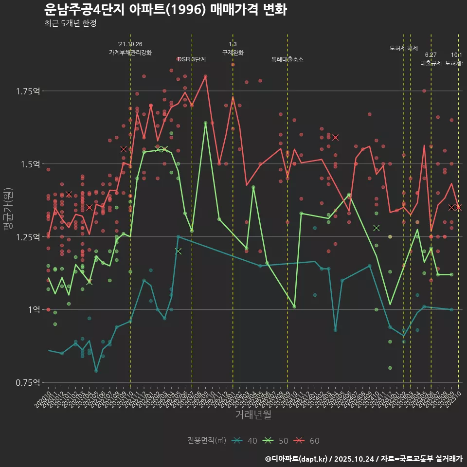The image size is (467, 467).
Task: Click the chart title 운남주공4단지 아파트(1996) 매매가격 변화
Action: pos(165,9)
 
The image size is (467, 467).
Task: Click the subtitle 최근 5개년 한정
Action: pos(70,23)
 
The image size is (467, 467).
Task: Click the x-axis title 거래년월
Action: pos(253,415)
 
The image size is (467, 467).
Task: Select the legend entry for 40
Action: pos(246,441)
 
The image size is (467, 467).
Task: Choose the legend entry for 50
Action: pos(277,441)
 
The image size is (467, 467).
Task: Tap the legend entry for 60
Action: pos(308,441)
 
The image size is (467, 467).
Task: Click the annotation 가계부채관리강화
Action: pos(130,53)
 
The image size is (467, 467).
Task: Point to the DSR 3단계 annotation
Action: pos(192,60)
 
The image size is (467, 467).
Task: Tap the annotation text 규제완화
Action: pos(233,53)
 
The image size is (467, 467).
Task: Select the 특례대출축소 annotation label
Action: pos(287,60)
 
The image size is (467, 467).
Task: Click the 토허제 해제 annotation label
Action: pos(404,48)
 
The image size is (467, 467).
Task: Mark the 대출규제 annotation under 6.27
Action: pos(431,63)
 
